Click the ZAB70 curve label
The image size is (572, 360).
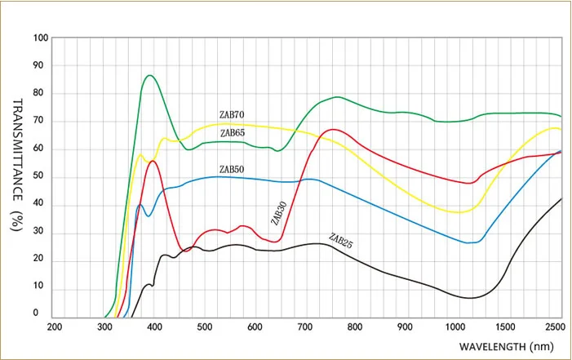pos(232,114)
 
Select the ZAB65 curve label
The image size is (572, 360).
pos(233,133)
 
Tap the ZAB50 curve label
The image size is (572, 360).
pos(232,170)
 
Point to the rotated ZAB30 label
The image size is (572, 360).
pos(279,213)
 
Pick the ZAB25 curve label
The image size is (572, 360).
pos(341,241)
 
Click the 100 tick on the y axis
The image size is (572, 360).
pos(41,38)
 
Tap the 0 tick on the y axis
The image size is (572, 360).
pos(35,313)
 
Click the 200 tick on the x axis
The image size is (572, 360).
pos(55,327)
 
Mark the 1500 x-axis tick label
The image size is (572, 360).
pos(506,327)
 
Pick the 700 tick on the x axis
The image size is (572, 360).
pos(305,327)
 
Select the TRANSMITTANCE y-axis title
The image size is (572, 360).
pos(17,149)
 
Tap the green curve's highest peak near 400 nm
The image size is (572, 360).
pos(149,75)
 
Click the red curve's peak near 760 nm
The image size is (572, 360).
pos(333,129)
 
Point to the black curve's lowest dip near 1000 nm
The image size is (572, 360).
pos(470,298)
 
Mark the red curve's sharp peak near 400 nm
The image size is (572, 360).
pos(153,161)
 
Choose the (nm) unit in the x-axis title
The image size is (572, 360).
pos(542,346)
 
